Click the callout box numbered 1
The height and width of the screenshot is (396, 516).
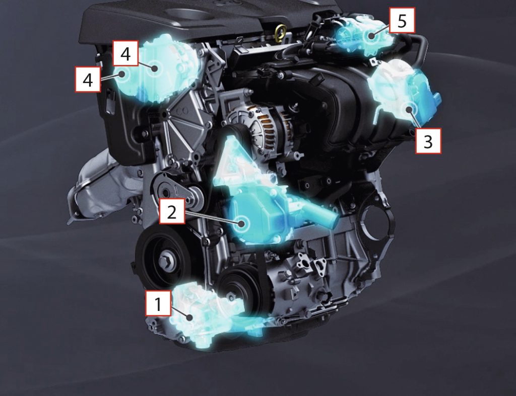click(158, 303)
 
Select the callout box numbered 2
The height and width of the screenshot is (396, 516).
click(172, 211)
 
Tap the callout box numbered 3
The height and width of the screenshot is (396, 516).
click(428, 141)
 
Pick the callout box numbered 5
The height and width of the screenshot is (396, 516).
click(402, 20)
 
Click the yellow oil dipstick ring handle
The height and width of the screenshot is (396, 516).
click(280, 32)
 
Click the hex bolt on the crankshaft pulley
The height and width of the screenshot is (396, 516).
click(165, 262)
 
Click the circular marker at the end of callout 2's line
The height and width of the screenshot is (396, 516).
click(242, 223)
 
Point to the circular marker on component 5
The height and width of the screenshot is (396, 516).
click(372, 36)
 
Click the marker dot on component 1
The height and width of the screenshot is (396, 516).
click(189, 318)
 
